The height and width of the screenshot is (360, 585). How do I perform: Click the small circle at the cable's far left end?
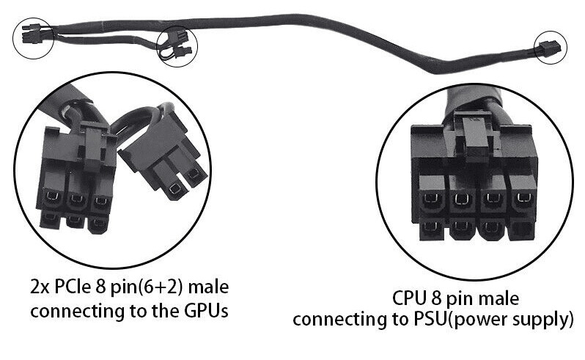point(33,34)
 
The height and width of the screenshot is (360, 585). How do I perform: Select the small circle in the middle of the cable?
point(179,45)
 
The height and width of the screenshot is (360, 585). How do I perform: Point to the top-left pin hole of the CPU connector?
point(427,198)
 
